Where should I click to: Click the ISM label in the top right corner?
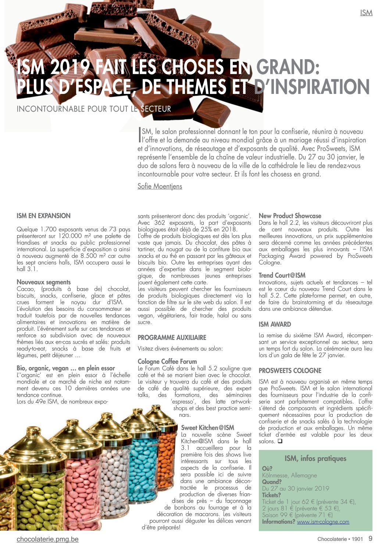coord(366,13)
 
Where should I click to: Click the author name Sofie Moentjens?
coord(160,186)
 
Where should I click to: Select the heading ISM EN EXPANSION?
coord(43,216)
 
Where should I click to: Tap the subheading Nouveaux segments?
coord(43,282)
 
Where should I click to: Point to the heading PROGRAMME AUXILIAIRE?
coord(172,337)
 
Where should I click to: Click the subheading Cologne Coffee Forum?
coord(167,361)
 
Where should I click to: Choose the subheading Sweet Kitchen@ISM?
coord(207,428)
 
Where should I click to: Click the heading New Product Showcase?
coord(290,216)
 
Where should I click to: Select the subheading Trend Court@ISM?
coord(282,275)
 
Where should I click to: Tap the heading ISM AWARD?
coord(275,324)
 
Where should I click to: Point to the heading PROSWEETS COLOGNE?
coord(290,371)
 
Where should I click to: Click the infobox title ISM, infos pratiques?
coord(315,458)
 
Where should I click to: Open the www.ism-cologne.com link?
coord(323,521)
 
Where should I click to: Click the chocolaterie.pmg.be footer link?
coord(47,539)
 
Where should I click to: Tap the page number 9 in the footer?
coord(370,539)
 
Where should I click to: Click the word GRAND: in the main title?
coord(288,67)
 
